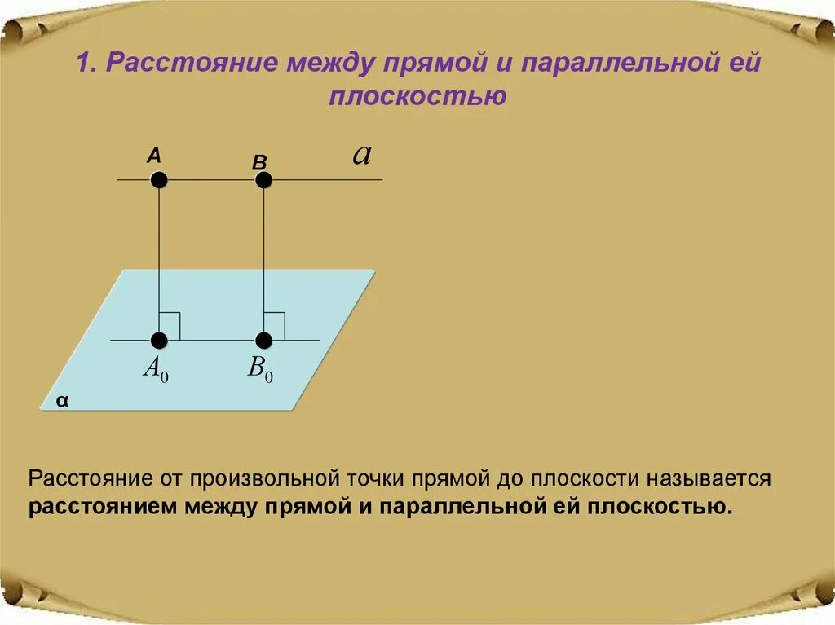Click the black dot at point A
tap(159, 179)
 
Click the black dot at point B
tap(263, 179)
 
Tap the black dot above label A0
tap(159, 340)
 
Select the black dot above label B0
tap(263, 340)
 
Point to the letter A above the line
tap(154, 156)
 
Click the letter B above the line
tap(259, 162)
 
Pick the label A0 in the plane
tap(155, 368)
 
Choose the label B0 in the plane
tap(260, 368)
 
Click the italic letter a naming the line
tap(361, 155)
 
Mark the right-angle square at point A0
tap(170, 326)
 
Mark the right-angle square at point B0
tap(274, 326)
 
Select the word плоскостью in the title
tap(418, 97)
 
